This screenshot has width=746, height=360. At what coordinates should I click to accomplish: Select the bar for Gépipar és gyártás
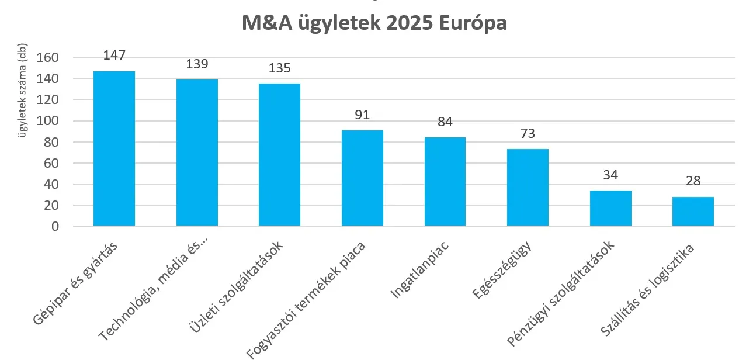tap(114, 148)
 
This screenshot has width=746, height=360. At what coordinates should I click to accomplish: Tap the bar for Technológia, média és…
tap(197, 153)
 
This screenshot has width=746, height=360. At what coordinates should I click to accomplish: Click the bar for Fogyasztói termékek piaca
tap(362, 178)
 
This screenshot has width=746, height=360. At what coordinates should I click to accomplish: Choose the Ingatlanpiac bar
tap(445, 181)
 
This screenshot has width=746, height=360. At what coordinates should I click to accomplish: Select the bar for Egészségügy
tap(528, 187)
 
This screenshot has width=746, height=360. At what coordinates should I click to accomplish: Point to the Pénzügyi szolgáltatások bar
tap(610, 208)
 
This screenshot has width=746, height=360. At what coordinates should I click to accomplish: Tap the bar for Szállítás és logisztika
tap(693, 211)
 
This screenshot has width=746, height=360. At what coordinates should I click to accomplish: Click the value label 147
tap(114, 56)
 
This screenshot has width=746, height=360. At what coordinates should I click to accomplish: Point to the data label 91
tap(362, 115)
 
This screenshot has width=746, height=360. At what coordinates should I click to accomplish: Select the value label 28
tap(693, 181)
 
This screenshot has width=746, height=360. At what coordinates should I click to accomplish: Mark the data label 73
tap(528, 133)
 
